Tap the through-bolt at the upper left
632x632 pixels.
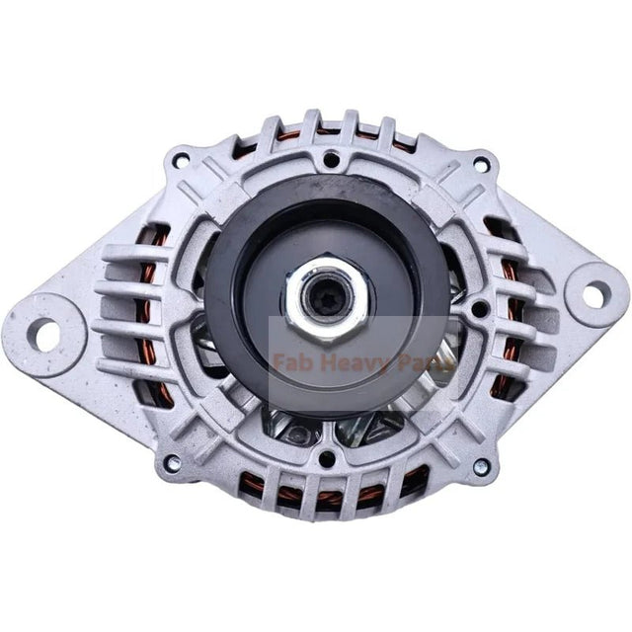point(181,159)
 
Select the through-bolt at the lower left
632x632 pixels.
point(172,461)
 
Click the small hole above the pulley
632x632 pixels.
point(331,158)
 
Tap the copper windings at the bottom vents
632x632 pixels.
point(326,491)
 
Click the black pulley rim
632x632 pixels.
point(222,296)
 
